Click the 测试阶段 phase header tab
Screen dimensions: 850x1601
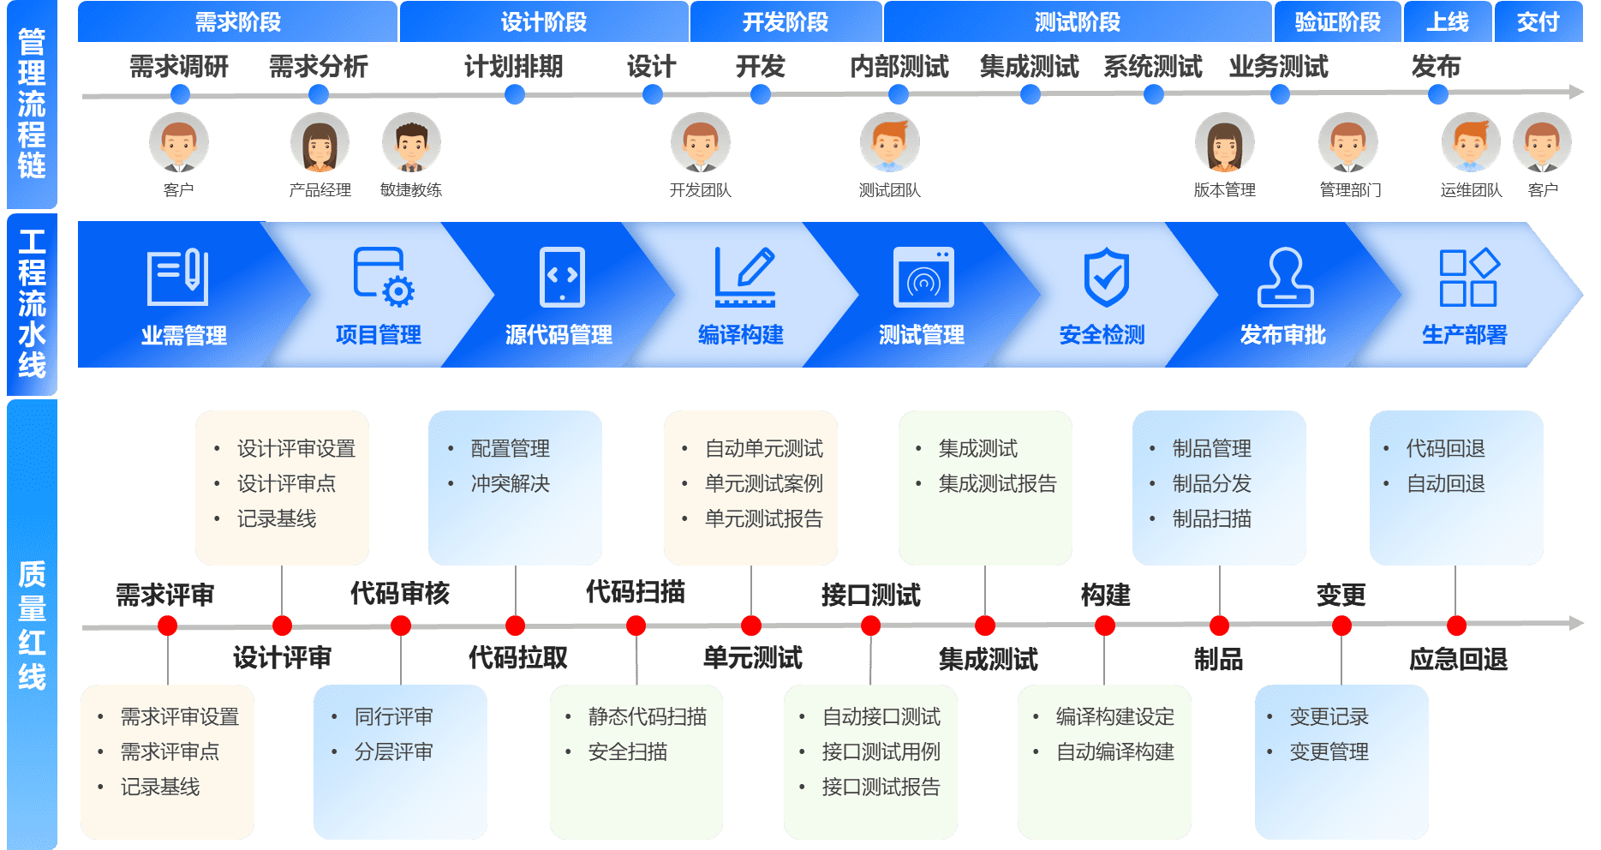[1077, 21]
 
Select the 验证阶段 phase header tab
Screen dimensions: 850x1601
[1337, 21]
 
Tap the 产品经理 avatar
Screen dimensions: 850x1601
[320, 143]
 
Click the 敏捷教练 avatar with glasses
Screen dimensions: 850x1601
[411, 143]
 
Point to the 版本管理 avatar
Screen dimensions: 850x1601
[1224, 143]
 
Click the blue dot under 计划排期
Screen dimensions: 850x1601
[515, 94]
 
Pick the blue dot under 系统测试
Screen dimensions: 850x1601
[1154, 94]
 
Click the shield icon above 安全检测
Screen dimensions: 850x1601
[1106, 277]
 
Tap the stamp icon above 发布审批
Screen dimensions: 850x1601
[1285, 277]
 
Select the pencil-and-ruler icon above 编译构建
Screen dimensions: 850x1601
[744, 277]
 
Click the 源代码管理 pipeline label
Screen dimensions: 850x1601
[559, 335]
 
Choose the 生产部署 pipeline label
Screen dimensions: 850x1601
[1464, 335]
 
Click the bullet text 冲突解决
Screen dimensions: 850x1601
[510, 484]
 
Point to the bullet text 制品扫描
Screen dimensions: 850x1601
[1211, 519]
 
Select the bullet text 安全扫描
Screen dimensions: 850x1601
[627, 752]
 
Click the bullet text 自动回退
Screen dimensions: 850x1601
[1445, 484]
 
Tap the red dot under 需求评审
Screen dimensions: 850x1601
[168, 626]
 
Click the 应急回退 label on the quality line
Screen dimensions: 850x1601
[1458, 659]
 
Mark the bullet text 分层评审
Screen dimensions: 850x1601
[393, 752]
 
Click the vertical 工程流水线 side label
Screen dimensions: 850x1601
[32, 304]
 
